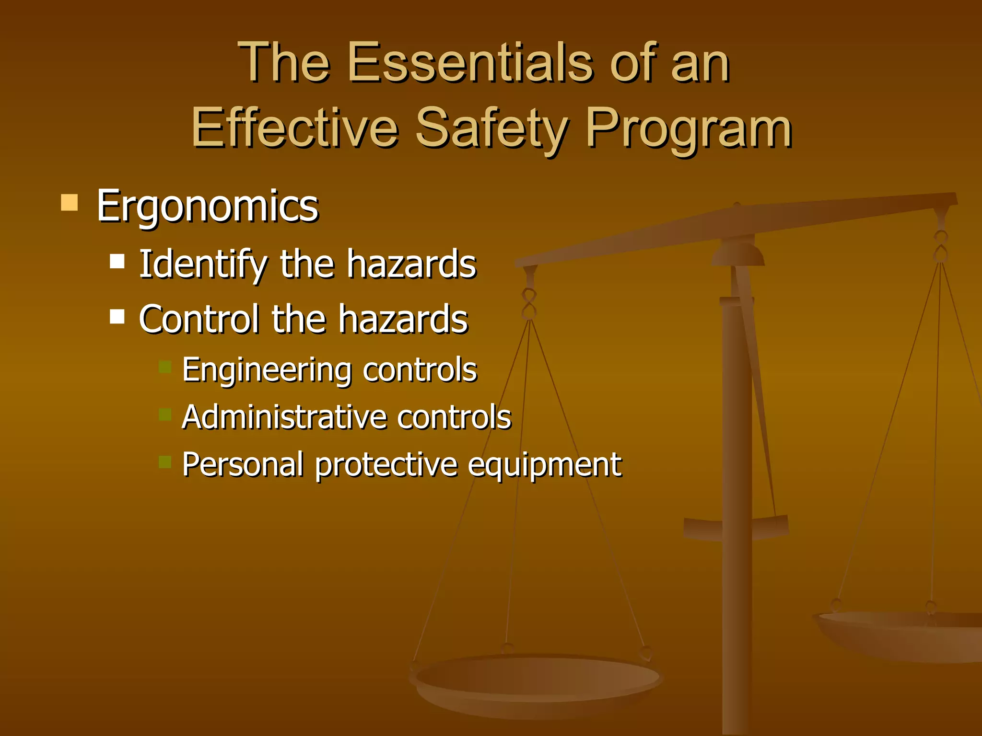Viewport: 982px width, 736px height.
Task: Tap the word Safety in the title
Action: [491, 128]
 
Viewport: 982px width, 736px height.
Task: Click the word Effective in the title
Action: [294, 128]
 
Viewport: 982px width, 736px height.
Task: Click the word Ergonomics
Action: [207, 206]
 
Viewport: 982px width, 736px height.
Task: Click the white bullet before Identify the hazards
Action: [117, 261]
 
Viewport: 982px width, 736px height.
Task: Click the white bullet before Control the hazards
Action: [117, 316]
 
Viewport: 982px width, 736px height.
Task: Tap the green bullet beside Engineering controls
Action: [165, 367]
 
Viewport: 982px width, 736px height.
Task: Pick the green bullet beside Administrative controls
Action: [165, 414]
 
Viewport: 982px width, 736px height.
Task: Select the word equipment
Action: [544, 465]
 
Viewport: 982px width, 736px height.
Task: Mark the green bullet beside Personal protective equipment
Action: [165, 461]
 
